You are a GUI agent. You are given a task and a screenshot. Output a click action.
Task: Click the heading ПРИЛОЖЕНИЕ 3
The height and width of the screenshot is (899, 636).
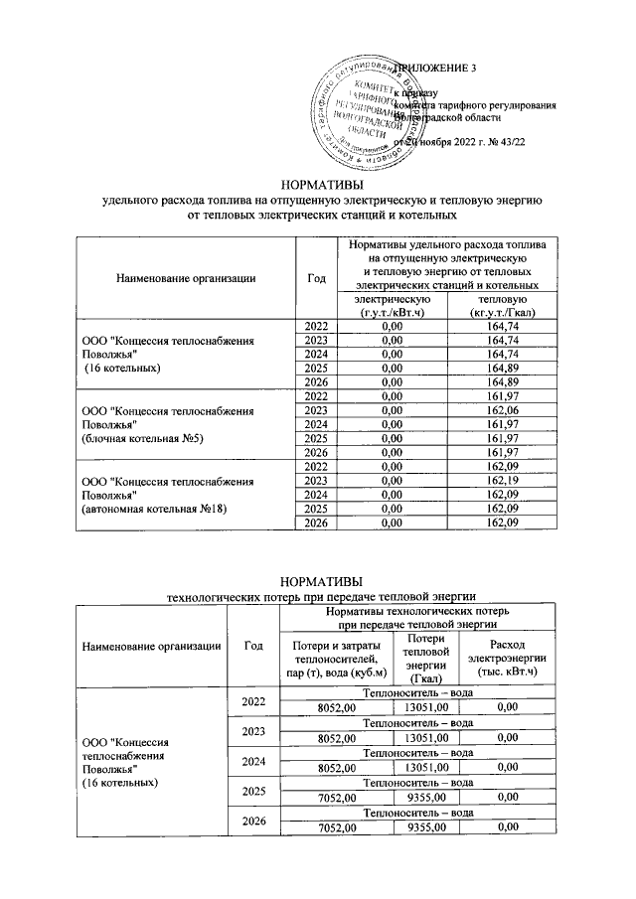pyautogui.click(x=436, y=68)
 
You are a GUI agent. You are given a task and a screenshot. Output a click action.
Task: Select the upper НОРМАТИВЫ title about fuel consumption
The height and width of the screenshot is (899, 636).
pyautogui.click(x=322, y=185)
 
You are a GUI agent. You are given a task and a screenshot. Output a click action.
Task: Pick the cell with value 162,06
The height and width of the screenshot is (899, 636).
pyautogui.click(x=502, y=410)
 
